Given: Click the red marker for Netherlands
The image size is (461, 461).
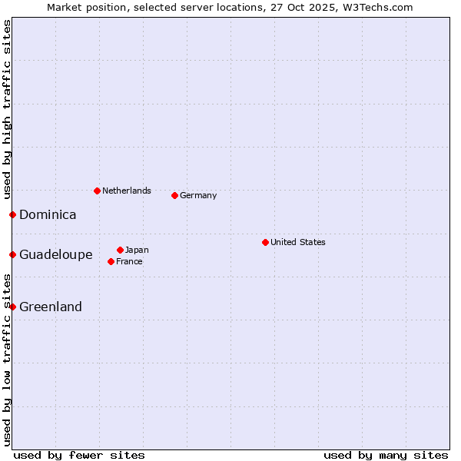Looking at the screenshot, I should [x=97, y=191].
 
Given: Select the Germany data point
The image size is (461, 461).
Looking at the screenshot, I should [x=174, y=195].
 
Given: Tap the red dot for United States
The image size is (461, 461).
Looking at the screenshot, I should [x=265, y=242].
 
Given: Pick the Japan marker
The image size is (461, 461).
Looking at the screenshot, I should [x=120, y=250].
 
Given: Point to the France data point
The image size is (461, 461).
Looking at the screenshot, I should [x=111, y=261].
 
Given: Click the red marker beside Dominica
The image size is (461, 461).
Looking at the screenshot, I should [x=12, y=214].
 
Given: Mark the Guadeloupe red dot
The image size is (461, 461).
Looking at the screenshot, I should [x=12, y=254].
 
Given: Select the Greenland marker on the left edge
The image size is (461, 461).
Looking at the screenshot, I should [x=12, y=307].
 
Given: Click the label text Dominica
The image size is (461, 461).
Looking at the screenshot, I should [x=48, y=215].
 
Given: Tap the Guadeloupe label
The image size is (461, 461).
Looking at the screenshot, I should [x=55, y=255].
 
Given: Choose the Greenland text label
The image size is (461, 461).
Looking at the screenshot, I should [x=50, y=307].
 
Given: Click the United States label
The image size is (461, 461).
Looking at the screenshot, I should [x=298, y=242].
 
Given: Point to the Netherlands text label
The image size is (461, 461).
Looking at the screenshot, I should [x=127, y=191].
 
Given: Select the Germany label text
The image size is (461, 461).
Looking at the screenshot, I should [x=198, y=195].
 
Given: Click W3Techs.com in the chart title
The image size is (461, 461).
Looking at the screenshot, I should [x=378, y=7].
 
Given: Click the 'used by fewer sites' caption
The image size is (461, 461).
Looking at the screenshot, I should [x=79, y=455].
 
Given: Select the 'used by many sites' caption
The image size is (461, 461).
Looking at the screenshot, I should [x=386, y=455].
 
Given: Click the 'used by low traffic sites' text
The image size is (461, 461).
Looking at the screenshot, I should [x=7, y=360].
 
